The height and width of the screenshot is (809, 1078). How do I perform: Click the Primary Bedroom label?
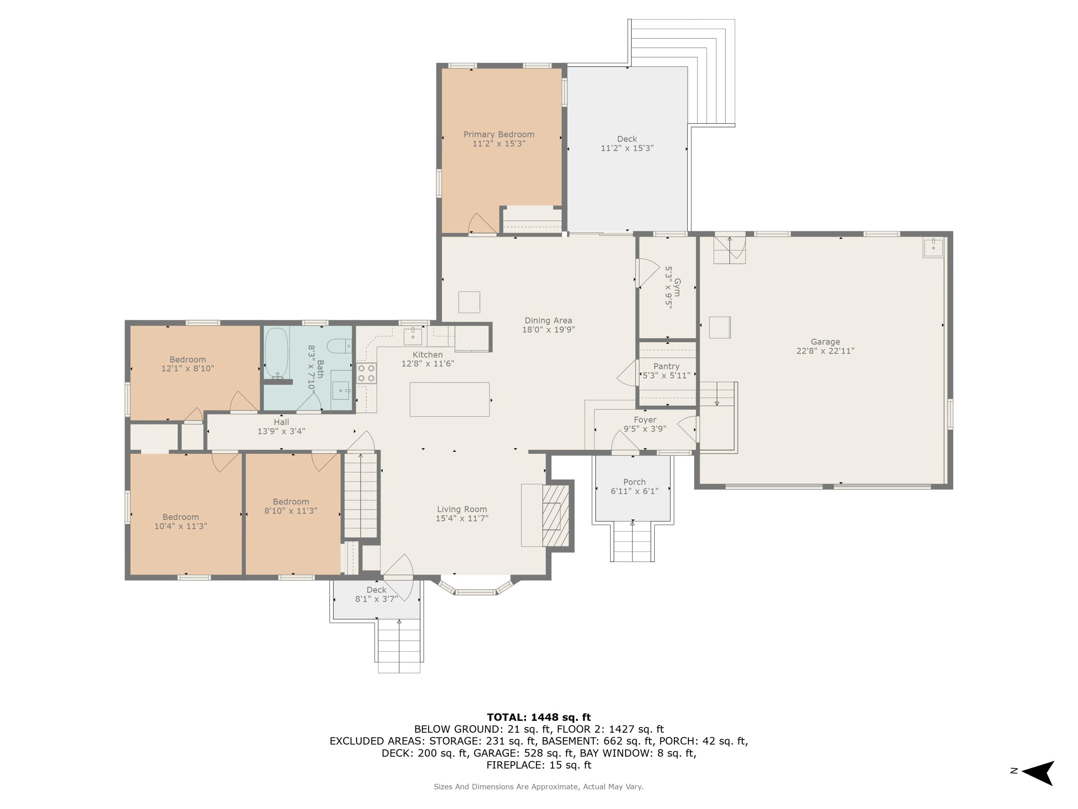pyautogui.click(x=498, y=134)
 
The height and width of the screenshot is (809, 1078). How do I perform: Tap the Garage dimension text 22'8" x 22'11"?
pyautogui.click(x=825, y=351)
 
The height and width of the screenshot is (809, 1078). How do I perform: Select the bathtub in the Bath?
pyautogui.click(x=277, y=353)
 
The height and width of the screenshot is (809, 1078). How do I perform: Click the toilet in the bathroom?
pyautogui.click(x=339, y=346)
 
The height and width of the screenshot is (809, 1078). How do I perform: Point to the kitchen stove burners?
pyautogui.click(x=367, y=373)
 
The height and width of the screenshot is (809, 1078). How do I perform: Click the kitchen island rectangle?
pyautogui.click(x=449, y=399)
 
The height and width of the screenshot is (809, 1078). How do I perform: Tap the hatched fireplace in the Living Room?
pyautogui.click(x=556, y=516)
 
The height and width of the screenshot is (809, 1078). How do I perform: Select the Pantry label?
pyautogui.click(x=666, y=366)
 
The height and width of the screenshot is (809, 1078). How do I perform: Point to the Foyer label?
pyautogui.click(x=645, y=419)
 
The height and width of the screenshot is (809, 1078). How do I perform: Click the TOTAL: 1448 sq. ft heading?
pyautogui.click(x=539, y=717)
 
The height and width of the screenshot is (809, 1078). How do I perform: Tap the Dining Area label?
pyautogui.click(x=548, y=320)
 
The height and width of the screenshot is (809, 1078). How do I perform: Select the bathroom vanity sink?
pyautogui.click(x=341, y=390)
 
